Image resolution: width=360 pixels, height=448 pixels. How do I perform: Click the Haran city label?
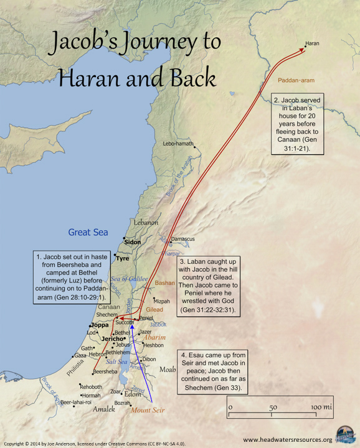coord(311,44)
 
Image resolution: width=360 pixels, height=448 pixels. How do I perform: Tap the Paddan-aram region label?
coord(294,82)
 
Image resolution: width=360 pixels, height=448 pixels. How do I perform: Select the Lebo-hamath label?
coord(176,143)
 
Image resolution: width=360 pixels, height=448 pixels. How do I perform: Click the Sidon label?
coord(133,242)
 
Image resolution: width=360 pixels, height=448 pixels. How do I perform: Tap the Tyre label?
coord(123,258)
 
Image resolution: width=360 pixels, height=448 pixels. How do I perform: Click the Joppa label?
coord(100,325)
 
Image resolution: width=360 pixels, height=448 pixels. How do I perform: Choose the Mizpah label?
coord(161,301)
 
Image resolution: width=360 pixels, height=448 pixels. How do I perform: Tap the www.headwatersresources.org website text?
coord(287,439)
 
